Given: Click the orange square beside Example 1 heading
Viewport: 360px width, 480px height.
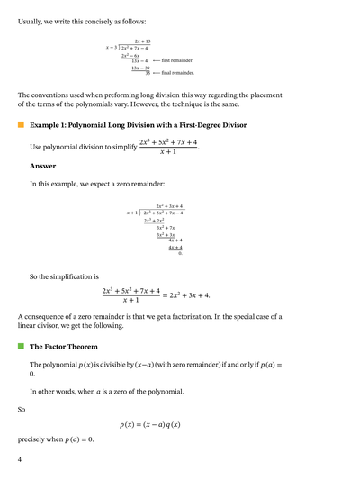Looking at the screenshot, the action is [x=21, y=125].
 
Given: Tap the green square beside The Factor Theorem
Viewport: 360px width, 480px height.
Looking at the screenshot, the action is [x=21, y=346].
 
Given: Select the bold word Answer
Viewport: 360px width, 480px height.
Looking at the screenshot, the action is [x=42, y=166].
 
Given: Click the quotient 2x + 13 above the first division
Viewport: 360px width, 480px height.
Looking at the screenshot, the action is [x=142, y=41].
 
